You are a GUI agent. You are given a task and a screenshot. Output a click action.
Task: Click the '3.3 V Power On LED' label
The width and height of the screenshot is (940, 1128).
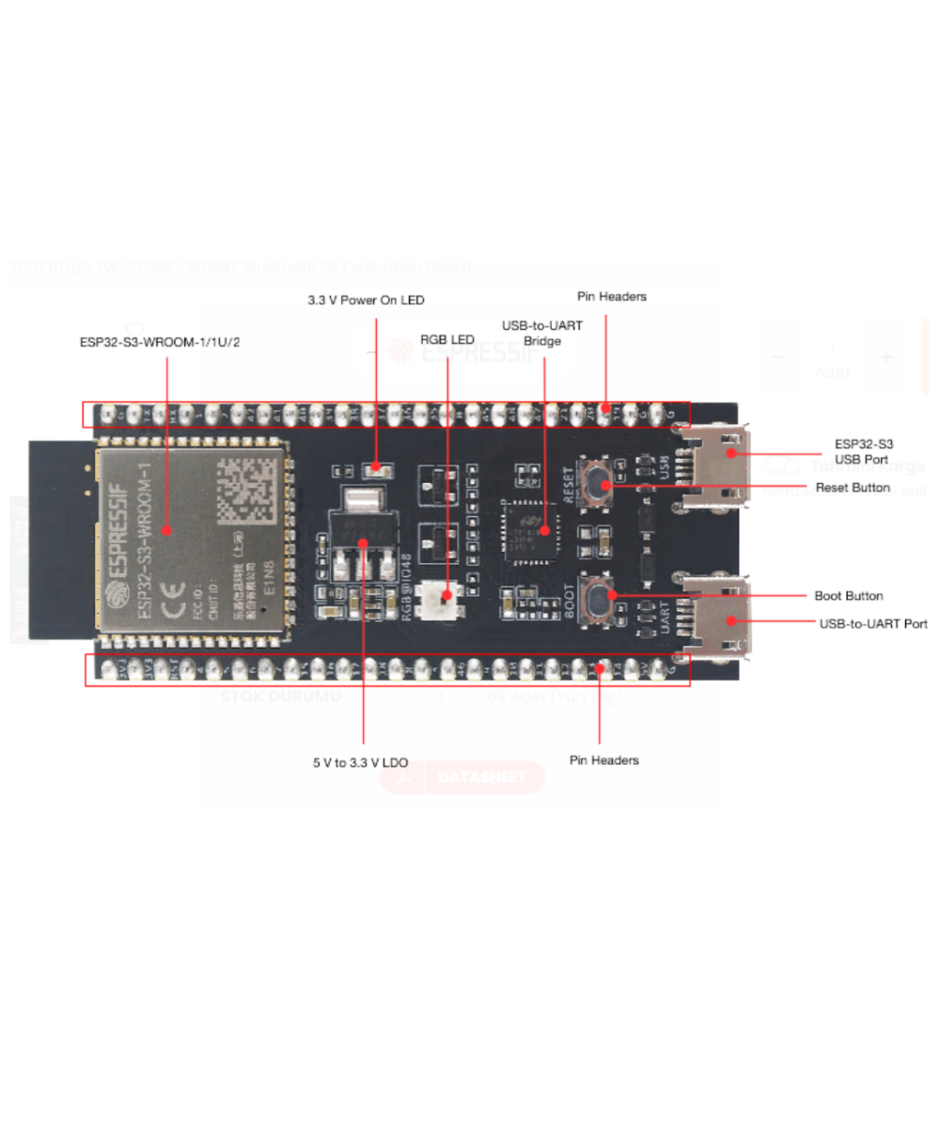(x=366, y=301)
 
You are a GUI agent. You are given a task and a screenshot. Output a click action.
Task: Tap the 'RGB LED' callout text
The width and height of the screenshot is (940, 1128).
(x=447, y=338)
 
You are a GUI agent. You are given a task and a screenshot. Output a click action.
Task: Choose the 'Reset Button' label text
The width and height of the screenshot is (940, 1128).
(x=853, y=488)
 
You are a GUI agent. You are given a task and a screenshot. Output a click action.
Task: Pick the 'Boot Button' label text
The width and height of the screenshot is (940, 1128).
(x=848, y=596)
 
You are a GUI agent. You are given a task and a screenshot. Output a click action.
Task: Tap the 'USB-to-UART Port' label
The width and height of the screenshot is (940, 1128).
(x=873, y=623)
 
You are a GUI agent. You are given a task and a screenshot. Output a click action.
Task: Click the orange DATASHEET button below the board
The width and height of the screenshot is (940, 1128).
(x=462, y=777)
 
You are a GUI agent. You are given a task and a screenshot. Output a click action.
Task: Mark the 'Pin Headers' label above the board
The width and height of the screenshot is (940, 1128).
(x=610, y=296)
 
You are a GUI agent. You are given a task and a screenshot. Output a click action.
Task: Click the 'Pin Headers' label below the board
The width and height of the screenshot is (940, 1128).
(x=603, y=760)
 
